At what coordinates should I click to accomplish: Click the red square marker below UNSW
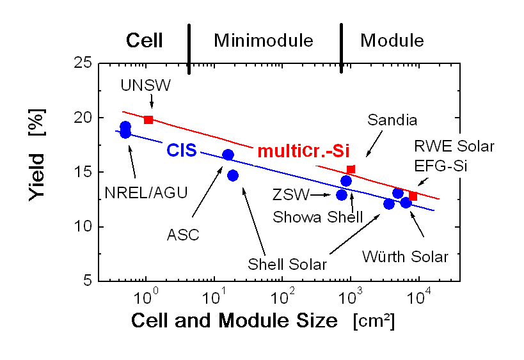pos(148,120)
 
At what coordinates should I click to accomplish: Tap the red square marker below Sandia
pos(351,169)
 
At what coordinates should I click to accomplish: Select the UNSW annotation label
pos(146,86)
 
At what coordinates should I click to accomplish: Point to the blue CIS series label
pos(181,151)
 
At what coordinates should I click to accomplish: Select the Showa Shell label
pos(317,217)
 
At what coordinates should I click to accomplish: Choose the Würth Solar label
pos(405,256)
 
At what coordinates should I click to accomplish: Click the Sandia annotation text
pos(392,120)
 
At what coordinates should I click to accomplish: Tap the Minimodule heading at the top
pos(264,41)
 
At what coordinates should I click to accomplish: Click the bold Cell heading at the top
pos(144,41)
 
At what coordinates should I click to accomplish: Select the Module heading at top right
pos(392,41)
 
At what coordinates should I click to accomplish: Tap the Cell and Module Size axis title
pos(235,321)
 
